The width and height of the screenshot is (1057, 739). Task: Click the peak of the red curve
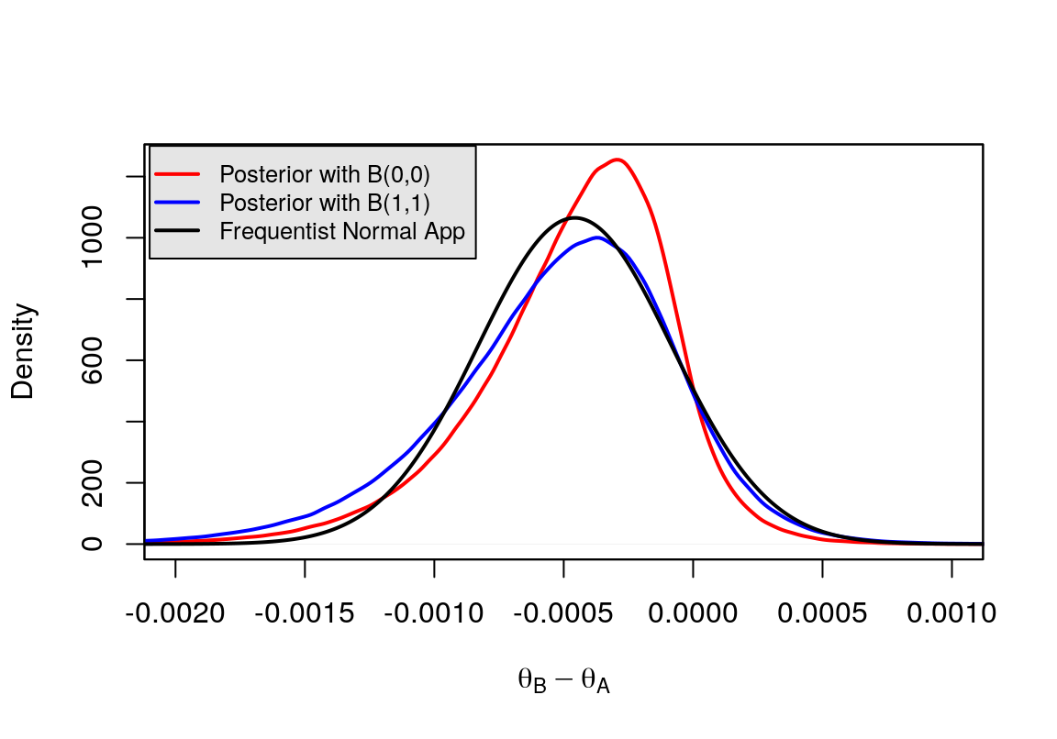[618, 160]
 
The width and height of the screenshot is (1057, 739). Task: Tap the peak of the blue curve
[597, 237]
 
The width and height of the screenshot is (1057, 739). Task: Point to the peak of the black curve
[574, 217]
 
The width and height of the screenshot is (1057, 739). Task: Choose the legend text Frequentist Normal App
[342, 232]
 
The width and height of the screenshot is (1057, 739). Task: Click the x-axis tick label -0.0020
[174, 612]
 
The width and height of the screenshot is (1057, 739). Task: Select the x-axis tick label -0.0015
[304, 612]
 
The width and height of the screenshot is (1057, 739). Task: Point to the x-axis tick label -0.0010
[433, 612]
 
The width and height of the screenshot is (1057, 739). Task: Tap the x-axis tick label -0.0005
[562, 612]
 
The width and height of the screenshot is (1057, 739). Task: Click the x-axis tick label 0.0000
[694, 612]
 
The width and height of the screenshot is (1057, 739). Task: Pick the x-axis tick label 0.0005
[823, 612]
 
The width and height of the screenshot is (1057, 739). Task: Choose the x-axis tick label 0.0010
[952, 612]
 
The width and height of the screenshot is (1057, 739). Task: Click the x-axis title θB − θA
[563, 681]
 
